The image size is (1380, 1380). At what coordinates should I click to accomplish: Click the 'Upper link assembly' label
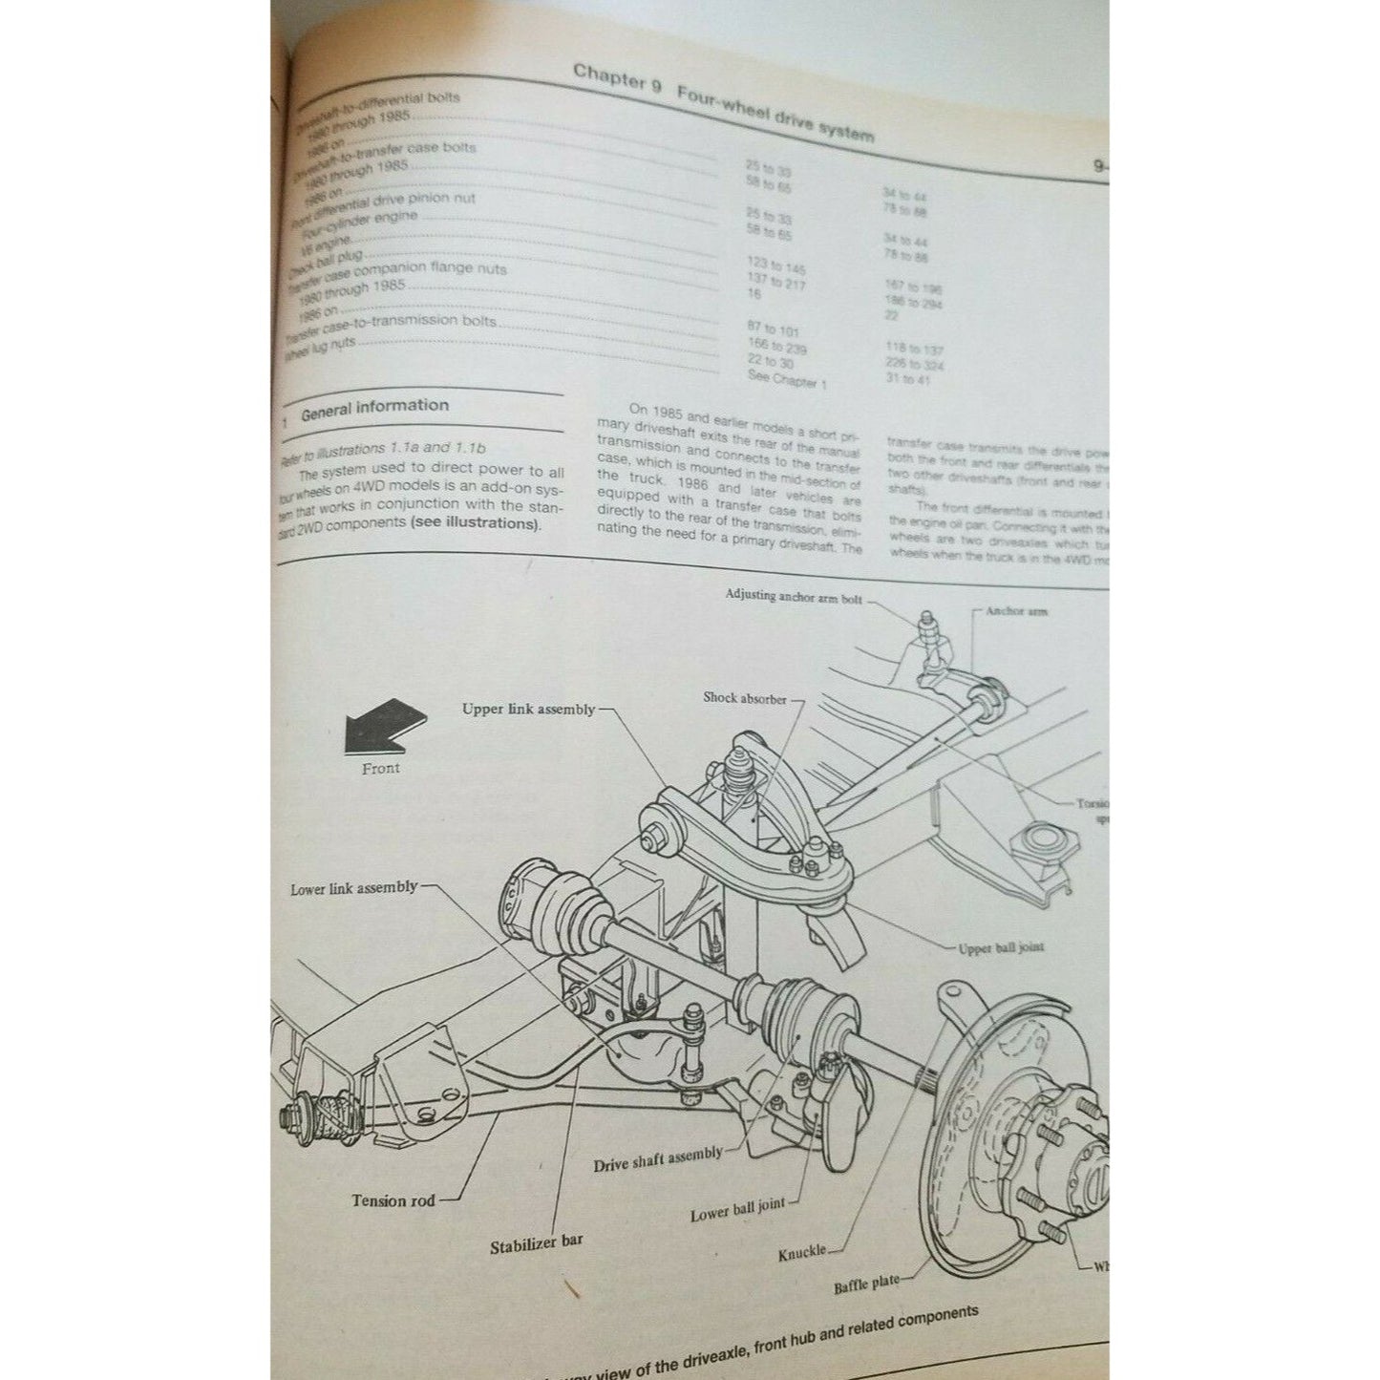pyautogui.click(x=528, y=710)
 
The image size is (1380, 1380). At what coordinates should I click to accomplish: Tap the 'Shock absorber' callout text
pyautogui.click(x=745, y=698)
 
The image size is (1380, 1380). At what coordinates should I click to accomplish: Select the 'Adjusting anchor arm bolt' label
pyautogui.click(x=793, y=596)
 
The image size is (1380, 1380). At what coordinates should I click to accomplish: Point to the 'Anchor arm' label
pyautogui.click(x=1016, y=611)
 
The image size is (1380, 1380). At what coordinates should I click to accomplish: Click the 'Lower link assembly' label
pyautogui.click(x=354, y=889)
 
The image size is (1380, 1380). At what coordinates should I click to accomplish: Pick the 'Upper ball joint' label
pyautogui.click(x=1001, y=948)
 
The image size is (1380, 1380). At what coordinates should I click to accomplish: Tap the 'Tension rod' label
pyautogui.click(x=393, y=1201)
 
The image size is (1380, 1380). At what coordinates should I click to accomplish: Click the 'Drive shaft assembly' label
pyautogui.click(x=658, y=1159)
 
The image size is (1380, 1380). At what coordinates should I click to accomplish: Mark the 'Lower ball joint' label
pyautogui.click(x=737, y=1212)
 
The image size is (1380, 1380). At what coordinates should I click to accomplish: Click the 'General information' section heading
pyautogui.click(x=374, y=408)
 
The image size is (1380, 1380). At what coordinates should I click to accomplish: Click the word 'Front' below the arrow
pyautogui.click(x=380, y=769)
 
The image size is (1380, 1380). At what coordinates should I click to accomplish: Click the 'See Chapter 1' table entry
pyautogui.click(x=787, y=381)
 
